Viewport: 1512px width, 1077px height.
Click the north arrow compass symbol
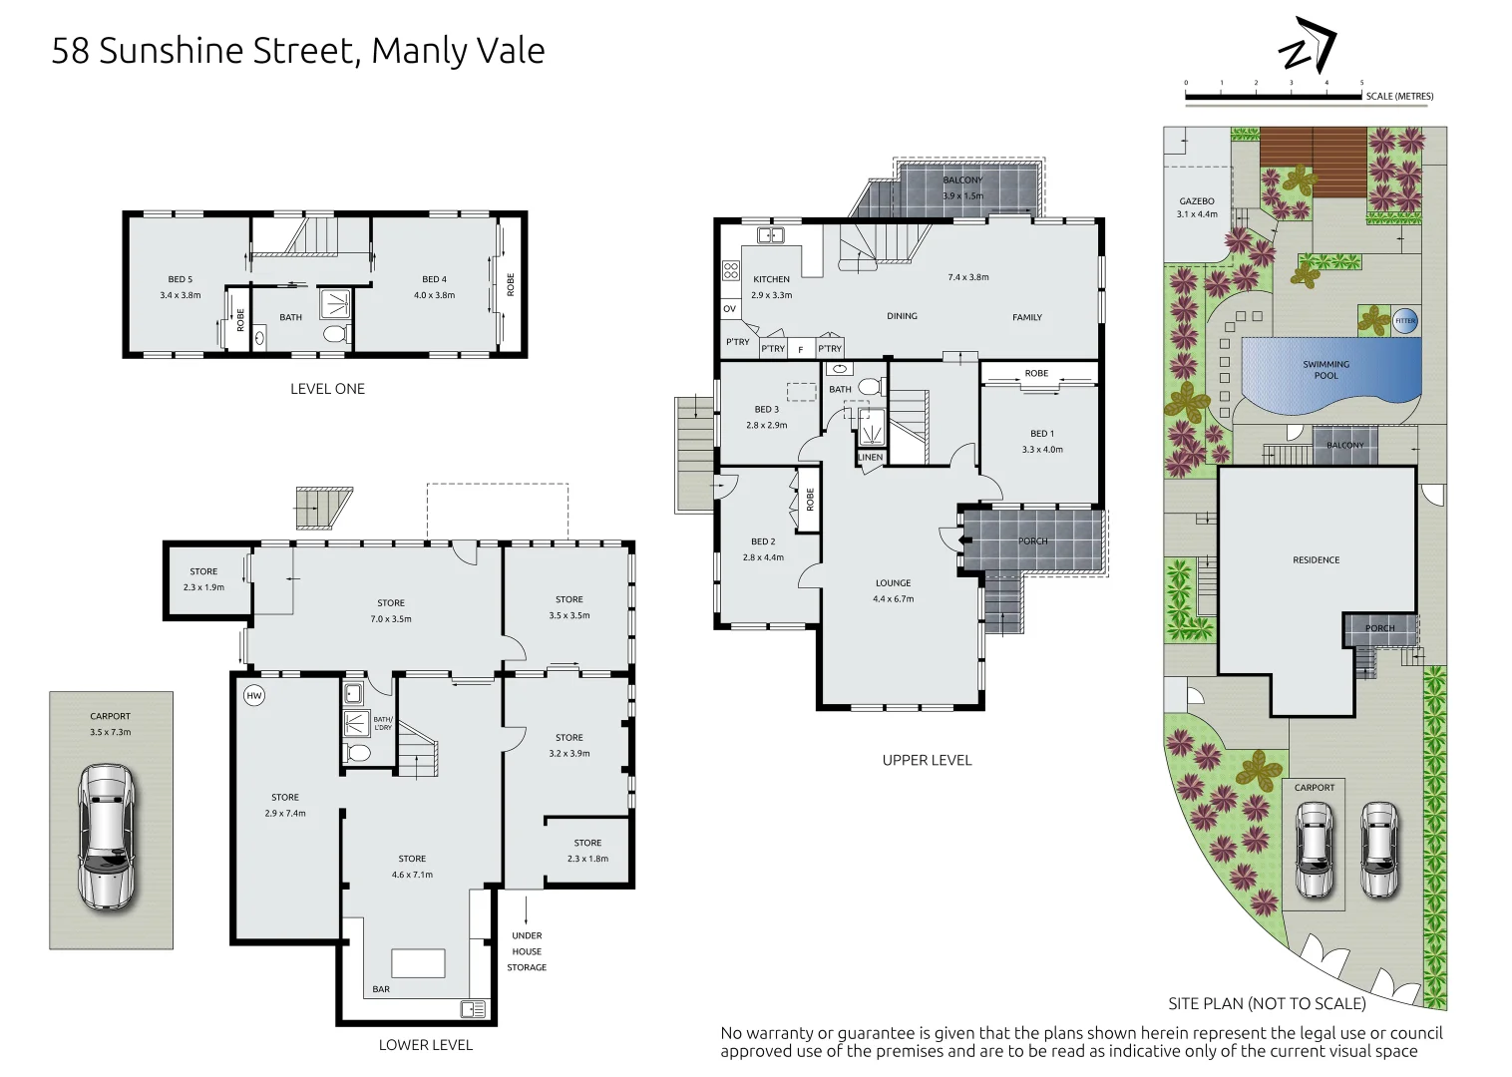[x=1307, y=45]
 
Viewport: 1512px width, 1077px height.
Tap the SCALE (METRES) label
[x=1400, y=97]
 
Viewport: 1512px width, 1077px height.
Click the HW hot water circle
[x=253, y=696]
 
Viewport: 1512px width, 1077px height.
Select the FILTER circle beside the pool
[x=1405, y=320]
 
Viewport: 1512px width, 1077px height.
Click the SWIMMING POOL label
[x=1325, y=370]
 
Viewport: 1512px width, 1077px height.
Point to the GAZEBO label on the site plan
[x=1197, y=201]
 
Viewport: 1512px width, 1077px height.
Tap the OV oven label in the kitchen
[x=730, y=309]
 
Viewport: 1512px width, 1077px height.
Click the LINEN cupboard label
[x=870, y=457]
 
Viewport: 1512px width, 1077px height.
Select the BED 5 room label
[x=181, y=279]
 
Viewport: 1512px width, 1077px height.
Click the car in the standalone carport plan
[x=108, y=837]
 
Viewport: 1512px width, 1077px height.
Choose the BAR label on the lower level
[x=381, y=989]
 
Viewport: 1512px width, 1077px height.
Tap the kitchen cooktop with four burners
[x=731, y=270]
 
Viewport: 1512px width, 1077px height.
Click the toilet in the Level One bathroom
[x=337, y=333]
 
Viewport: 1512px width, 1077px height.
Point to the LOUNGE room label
[x=893, y=583]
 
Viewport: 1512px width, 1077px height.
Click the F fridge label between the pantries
[x=801, y=350]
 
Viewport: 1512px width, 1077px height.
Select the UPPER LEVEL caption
[x=927, y=760]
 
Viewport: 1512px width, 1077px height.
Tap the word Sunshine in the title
[x=172, y=51]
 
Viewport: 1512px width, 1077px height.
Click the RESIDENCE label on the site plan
[x=1317, y=560]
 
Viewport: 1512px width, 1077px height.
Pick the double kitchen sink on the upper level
[x=770, y=235]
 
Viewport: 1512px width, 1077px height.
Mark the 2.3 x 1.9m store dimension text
[x=203, y=587]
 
